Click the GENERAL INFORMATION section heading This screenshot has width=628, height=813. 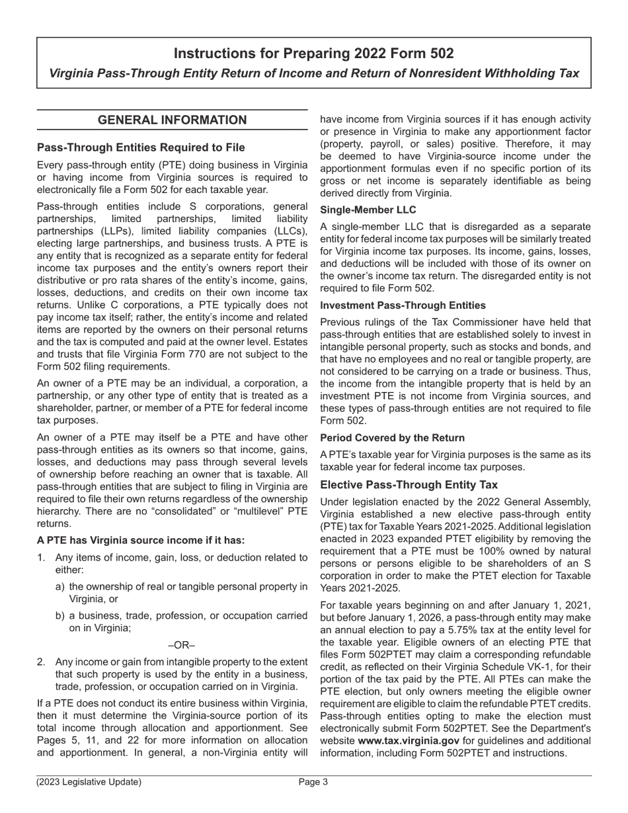tap(172, 120)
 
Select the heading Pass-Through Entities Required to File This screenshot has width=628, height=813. tap(141, 147)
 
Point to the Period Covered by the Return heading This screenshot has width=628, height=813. tap(392, 438)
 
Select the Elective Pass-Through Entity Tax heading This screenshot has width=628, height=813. tap(409, 484)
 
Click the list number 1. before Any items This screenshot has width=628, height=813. tap(41, 557)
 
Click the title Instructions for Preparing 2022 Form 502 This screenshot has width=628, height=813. tap(313, 54)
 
